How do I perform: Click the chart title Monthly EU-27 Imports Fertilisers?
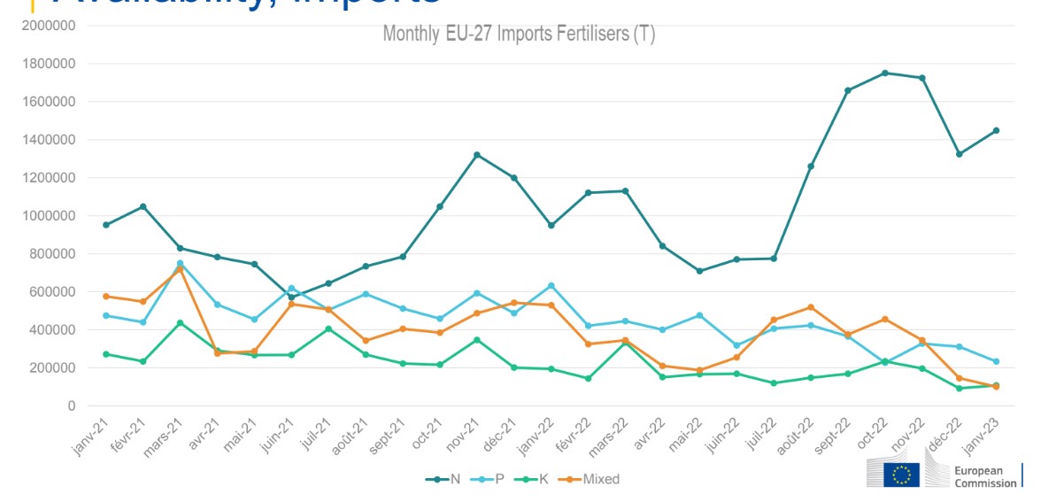click(x=518, y=35)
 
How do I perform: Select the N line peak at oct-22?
click(x=885, y=73)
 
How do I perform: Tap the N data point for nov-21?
click(x=477, y=155)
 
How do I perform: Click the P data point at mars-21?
click(x=181, y=263)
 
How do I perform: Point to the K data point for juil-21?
click(x=328, y=329)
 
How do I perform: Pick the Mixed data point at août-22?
click(x=811, y=307)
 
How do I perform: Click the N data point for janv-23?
click(x=996, y=130)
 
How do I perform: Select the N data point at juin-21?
click(x=291, y=297)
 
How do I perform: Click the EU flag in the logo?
click(x=902, y=475)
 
